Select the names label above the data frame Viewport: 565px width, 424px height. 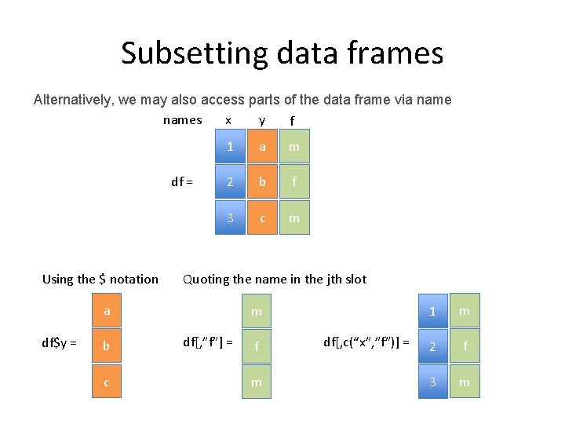(x=182, y=120)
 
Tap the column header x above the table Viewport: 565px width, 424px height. (x=228, y=120)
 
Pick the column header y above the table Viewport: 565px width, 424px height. (x=262, y=120)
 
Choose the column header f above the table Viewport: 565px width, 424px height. (x=292, y=121)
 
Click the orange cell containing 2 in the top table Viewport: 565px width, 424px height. (x=230, y=182)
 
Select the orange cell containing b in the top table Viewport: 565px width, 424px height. (x=262, y=182)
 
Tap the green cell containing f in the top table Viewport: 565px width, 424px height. (x=293, y=182)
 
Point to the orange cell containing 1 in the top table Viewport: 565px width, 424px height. (x=230, y=146)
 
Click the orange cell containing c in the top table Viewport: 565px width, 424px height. (x=262, y=218)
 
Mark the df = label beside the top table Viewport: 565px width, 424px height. (x=182, y=182)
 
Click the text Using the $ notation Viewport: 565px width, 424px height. (x=100, y=279)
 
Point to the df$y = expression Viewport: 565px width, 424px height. (x=59, y=342)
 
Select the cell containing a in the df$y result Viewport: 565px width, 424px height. (x=107, y=311)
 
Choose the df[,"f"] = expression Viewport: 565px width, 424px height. (x=207, y=342)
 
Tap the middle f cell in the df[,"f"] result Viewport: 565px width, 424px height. (x=256, y=345)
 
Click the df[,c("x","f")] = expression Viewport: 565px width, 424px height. (x=366, y=342)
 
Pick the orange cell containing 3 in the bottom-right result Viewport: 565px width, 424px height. (x=432, y=382)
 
